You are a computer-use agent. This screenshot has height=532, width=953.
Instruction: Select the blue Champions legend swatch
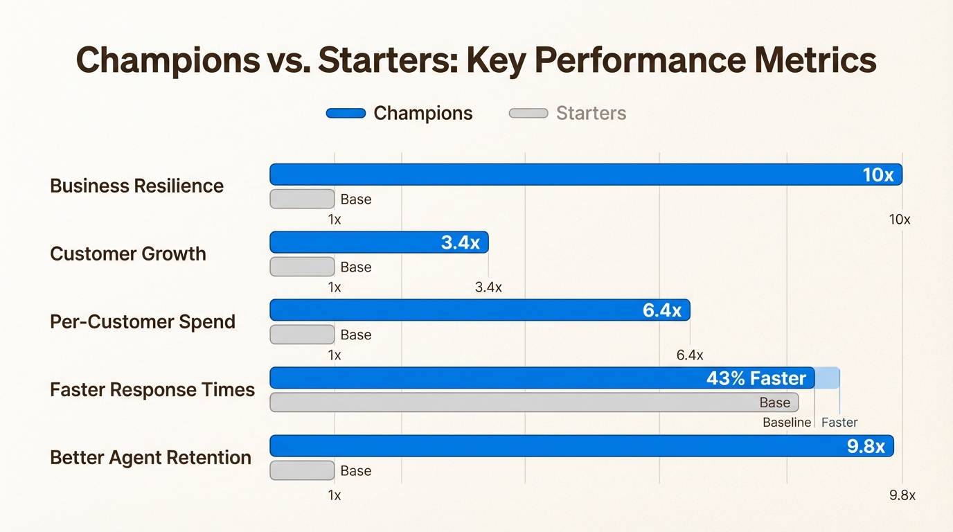346,114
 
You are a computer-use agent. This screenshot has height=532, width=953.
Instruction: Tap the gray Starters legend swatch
528,114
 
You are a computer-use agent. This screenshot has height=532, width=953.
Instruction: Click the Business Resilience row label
136,186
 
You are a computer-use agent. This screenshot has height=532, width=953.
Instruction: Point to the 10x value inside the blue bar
878,175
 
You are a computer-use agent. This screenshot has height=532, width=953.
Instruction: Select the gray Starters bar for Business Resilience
302,199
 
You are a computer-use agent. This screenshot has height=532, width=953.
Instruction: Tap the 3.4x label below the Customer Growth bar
488,287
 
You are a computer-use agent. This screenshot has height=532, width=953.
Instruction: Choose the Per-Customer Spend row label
143,321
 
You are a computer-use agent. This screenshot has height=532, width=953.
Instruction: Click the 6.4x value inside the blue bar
661,311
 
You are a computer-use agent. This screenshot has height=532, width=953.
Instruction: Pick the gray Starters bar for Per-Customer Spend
302,335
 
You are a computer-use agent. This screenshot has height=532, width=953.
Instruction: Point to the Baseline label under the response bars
786,423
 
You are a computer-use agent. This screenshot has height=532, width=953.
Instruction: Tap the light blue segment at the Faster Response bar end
828,378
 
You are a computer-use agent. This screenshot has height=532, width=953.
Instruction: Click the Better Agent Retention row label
150,457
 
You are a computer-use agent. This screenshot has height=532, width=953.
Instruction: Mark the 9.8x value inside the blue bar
866,447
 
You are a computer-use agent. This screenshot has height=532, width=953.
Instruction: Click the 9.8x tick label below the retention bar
902,495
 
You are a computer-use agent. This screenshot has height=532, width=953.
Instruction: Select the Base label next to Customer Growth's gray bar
356,267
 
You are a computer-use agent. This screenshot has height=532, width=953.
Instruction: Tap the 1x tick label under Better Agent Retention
335,495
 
